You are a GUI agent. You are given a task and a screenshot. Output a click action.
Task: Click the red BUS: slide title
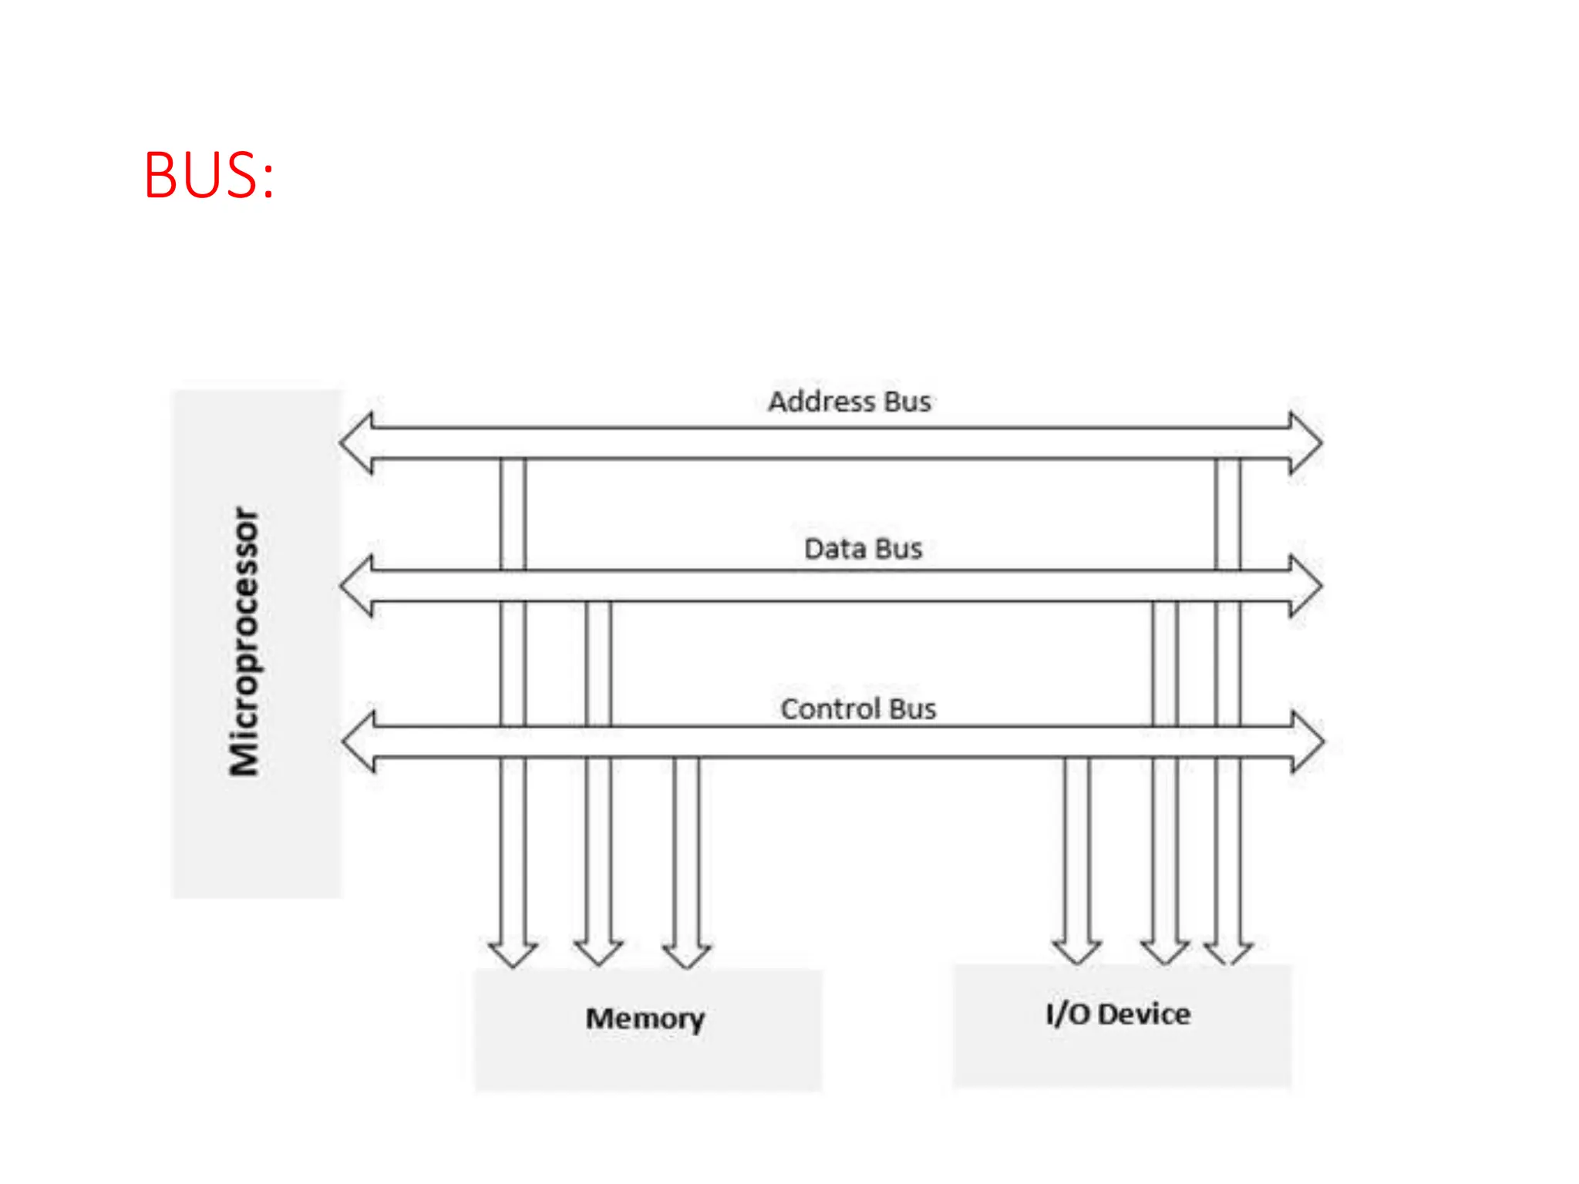click(209, 176)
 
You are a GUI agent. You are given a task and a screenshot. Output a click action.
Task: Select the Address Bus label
click(850, 402)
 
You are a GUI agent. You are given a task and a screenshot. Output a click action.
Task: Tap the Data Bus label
click(863, 549)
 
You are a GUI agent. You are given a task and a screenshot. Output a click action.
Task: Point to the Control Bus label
click(858, 708)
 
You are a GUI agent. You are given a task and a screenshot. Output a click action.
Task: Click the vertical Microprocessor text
click(245, 641)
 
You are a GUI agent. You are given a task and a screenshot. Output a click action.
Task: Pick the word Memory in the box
click(645, 1019)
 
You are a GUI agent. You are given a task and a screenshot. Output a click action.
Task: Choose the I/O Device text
click(1118, 1014)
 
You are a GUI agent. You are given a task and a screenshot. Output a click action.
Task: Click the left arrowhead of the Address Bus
click(357, 443)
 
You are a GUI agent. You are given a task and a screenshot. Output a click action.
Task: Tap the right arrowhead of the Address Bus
click(1305, 443)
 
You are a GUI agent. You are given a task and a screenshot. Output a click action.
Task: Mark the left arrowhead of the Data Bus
click(357, 586)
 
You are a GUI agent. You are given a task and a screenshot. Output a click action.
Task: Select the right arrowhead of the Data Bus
click(1305, 586)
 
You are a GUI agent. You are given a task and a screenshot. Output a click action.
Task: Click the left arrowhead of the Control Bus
click(359, 742)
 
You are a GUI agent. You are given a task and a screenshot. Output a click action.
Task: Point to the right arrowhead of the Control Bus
click(1308, 742)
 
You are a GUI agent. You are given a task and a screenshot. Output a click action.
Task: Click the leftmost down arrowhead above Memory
click(513, 954)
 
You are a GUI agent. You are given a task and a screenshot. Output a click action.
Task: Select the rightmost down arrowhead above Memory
click(686, 954)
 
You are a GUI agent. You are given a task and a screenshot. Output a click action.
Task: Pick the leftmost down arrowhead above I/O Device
click(1077, 951)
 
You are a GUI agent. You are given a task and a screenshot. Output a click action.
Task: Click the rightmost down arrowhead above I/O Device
click(1229, 951)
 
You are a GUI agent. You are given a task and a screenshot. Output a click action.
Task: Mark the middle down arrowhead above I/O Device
click(1165, 951)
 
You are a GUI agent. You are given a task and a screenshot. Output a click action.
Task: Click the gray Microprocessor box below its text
click(256, 840)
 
